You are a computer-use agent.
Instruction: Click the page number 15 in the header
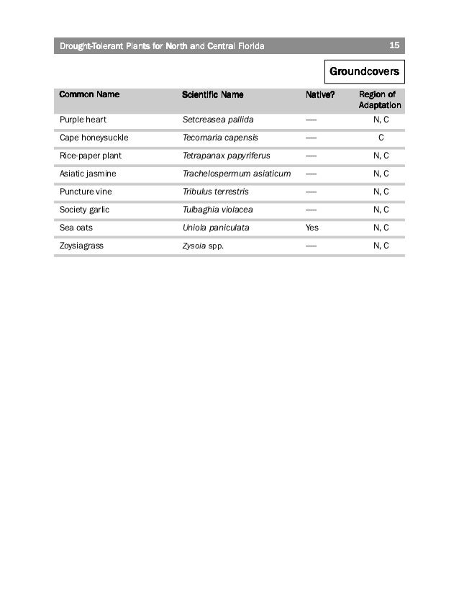click(394, 45)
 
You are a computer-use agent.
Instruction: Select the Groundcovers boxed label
click(364, 72)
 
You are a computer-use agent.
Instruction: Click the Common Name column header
click(89, 94)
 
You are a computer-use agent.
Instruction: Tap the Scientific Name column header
click(213, 94)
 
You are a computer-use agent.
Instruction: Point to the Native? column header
click(320, 94)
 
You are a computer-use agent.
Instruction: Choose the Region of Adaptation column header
click(380, 99)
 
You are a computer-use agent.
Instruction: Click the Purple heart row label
click(83, 120)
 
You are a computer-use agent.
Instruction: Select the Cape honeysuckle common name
click(94, 138)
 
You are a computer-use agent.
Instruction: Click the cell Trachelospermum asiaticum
click(236, 174)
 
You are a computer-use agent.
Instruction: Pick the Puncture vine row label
click(86, 192)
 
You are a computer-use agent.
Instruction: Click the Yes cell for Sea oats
click(312, 228)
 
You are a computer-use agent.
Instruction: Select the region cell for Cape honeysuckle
click(381, 138)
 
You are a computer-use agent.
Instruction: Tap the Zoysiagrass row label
click(81, 246)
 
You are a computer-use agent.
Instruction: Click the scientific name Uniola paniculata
click(216, 228)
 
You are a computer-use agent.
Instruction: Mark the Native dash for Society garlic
click(311, 210)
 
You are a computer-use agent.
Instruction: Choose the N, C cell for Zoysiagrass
click(381, 246)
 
